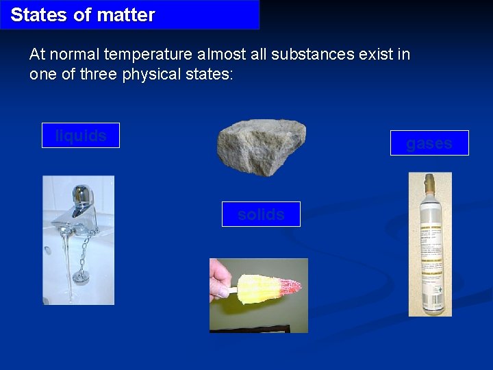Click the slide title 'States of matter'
[83, 14]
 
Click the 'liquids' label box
[81, 136]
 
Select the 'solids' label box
[261, 214]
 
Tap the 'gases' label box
[429, 143]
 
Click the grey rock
[261, 146]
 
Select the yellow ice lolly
[264, 288]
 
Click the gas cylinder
[430, 254]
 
